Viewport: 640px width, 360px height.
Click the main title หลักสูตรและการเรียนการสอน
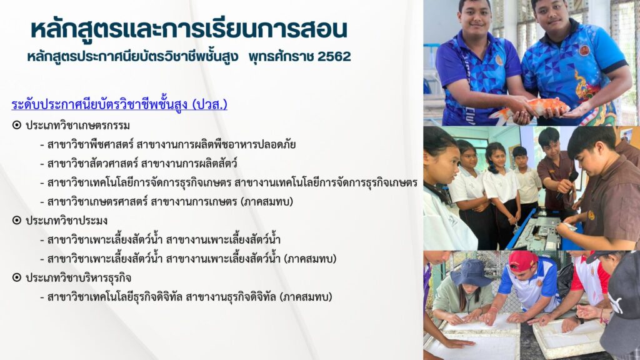(189, 29)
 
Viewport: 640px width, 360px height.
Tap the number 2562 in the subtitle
(334, 57)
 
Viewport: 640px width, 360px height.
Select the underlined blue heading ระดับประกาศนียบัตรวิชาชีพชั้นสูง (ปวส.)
(119, 104)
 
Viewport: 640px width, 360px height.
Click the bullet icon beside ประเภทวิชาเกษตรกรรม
(17, 125)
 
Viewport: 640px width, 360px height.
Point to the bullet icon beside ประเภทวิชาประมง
(17, 221)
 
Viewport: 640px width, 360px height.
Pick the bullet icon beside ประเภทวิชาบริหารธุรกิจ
(17, 277)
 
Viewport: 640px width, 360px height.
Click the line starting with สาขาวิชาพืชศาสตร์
(167, 144)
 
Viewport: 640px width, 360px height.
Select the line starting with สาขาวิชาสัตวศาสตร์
(138, 164)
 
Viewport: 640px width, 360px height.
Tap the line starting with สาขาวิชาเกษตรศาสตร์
(166, 202)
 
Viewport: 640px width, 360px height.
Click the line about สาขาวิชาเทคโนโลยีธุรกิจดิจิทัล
(186, 297)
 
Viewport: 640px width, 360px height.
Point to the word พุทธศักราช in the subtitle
(280, 57)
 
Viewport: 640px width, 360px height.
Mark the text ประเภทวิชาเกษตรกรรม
(77, 125)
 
